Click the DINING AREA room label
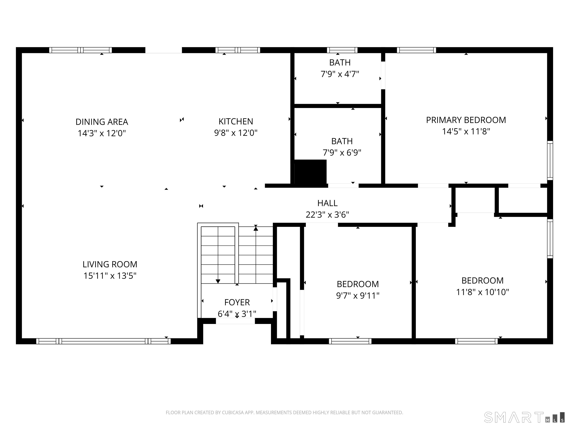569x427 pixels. [102, 122]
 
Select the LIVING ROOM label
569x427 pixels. [110, 264]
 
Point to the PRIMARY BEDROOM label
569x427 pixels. [466, 120]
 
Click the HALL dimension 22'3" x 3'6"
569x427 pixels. [327, 214]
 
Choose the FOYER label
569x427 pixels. [237, 302]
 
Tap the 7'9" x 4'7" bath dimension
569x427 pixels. [340, 74]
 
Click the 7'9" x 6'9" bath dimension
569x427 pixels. [342, 153]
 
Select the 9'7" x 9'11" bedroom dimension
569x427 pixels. [357, 295]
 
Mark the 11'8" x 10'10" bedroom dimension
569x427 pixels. [482, 292]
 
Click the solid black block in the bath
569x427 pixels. [310, 172]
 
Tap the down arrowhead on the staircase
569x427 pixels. [218, 281]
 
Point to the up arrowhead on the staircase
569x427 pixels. [256, 228]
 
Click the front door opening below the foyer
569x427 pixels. [235, 321]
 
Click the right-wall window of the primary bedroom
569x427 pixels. [550, 160]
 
